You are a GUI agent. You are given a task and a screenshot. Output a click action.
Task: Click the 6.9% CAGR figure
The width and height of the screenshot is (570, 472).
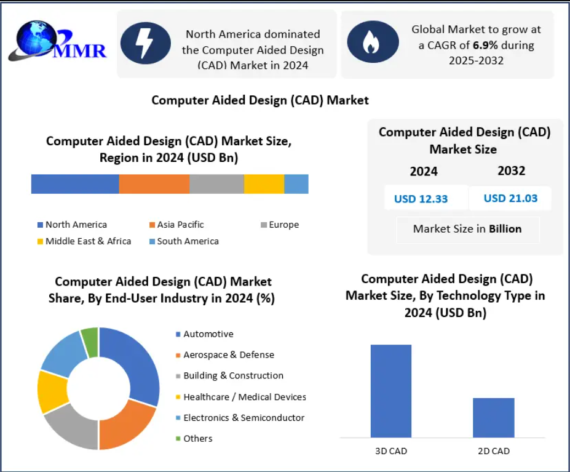tap(486, 45)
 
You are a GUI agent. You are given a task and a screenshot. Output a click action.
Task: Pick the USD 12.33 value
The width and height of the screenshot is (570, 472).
tap(421, 199)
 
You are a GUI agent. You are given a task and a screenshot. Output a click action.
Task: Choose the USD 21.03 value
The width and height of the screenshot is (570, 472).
tap(510, 198)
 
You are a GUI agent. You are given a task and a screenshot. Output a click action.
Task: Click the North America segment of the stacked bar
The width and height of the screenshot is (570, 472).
tap(75, 184)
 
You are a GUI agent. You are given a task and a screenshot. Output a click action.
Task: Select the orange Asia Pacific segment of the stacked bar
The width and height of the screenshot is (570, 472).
tap(154, 184)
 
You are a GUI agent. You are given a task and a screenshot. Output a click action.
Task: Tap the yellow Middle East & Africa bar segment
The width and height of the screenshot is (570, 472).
tap(264, 184)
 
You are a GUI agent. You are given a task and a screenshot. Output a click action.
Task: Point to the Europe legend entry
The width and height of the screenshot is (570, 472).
tap(280, 225)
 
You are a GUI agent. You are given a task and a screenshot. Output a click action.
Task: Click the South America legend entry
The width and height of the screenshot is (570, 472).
tap(184, 241)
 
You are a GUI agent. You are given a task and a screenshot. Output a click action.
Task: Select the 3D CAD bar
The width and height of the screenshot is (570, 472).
tap(391, 391)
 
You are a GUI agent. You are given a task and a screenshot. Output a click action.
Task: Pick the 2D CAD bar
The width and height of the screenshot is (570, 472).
tap(493, 417)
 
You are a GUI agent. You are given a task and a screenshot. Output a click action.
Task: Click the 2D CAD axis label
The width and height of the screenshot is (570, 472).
tap(493, 451)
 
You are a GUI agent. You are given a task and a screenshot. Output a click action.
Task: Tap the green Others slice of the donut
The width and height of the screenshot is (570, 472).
tap(90, 342)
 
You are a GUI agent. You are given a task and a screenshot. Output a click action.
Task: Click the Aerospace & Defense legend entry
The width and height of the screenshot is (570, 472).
tap(224, 355)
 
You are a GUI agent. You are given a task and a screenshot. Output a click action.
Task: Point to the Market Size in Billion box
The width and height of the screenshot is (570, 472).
tap(467, 229)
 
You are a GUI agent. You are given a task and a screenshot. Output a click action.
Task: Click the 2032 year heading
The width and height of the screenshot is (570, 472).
tap(511, 170)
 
